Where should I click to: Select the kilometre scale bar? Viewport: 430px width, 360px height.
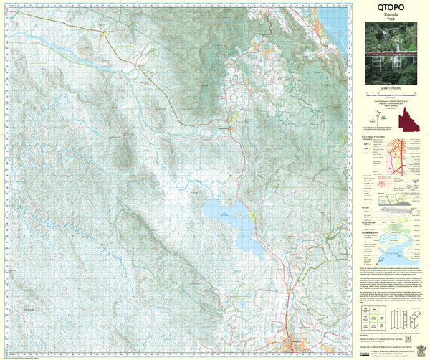[391, 94]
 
